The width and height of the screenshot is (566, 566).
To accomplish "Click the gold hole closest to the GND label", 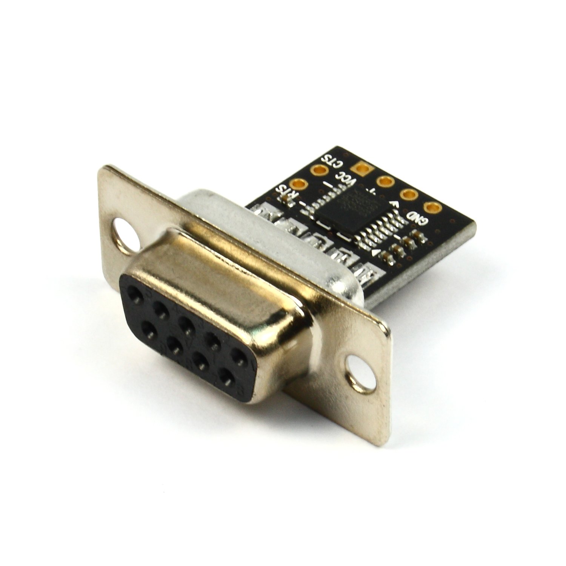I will click(431, 207).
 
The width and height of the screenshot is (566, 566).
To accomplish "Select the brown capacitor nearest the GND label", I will click(418, 236).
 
